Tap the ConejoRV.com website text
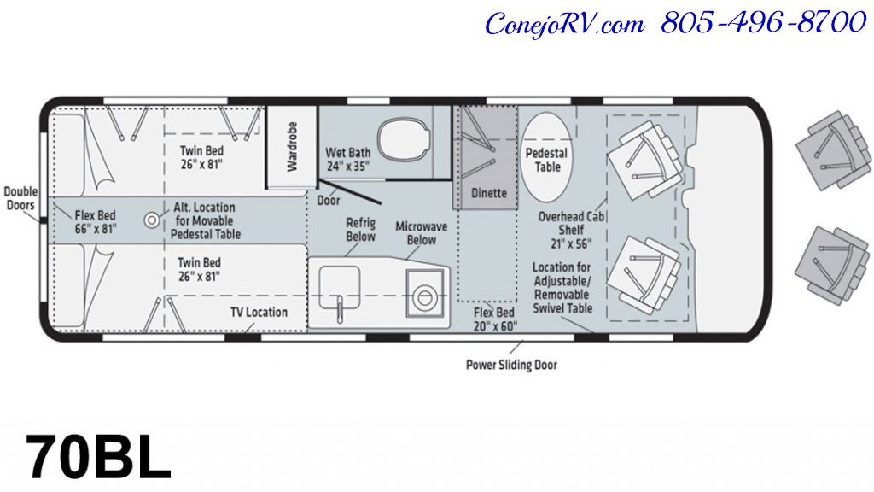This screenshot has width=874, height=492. pyautogui.click(x=564, y=23)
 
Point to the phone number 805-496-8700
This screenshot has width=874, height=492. pyautogui.click(x=763, y=23)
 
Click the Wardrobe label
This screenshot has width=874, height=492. pyautogui.click(x=292, y=147)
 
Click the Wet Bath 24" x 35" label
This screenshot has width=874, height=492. pyautogui.click(x=347, y=160)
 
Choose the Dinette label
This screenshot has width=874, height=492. pyautogui.click(x=489, y=193)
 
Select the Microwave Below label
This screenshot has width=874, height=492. pyautogui.click(x=416, y=233)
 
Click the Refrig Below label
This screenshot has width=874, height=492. pyautogui.click(x=360, y=230)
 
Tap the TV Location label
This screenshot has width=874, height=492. pyautogui.click(x=259, y=313)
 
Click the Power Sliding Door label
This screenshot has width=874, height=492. pyautogui.click(x=510, y=366)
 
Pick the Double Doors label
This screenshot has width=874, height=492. pyautogui.click(x=20, y=198)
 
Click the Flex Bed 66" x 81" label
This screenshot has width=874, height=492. pyautogui.click(x=95, y=222)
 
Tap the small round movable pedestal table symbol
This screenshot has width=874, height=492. pyautogui.click(x=153, y=220)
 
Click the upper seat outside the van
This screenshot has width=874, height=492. pyautogui.click(x=830, y=153)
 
